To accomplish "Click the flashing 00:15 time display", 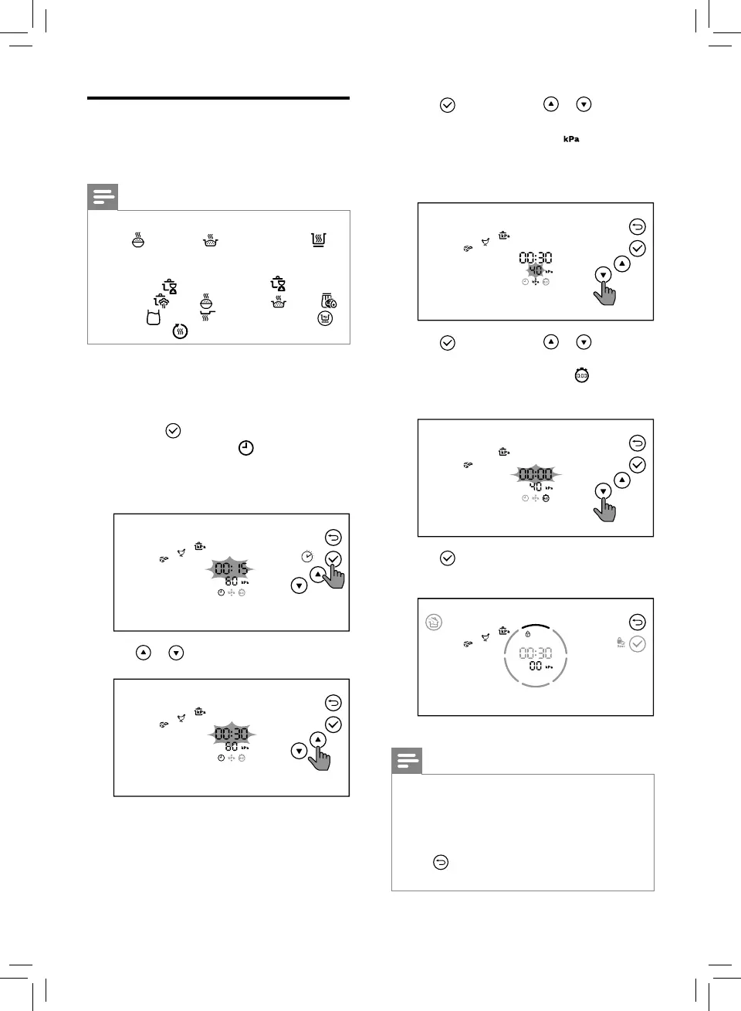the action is click(231, 569).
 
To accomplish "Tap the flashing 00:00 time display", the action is click(535, 474).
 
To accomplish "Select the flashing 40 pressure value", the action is click(535, 271).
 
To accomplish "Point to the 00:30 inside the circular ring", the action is click(535, 653).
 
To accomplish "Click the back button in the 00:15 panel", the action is click(333, 538).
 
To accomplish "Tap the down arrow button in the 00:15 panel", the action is click(299, 585).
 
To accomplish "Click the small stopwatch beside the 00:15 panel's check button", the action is click(307, 556).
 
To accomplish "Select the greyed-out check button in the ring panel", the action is click(637, 644).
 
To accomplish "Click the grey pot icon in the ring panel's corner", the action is click(433, 622).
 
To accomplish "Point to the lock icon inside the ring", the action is click(527, 634).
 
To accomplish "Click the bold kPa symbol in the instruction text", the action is click(570, 139).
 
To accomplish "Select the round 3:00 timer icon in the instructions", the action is click(581, 375).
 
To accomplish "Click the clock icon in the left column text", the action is click(245, 448).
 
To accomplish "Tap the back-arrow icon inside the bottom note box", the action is click(440, 862).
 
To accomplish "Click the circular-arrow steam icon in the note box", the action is click(180, 331).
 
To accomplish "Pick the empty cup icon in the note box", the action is click(154, 317).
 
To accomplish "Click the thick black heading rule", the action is click(218, 99).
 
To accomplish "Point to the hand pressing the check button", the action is click(333, 573).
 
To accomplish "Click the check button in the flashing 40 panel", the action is click(637, 249).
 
